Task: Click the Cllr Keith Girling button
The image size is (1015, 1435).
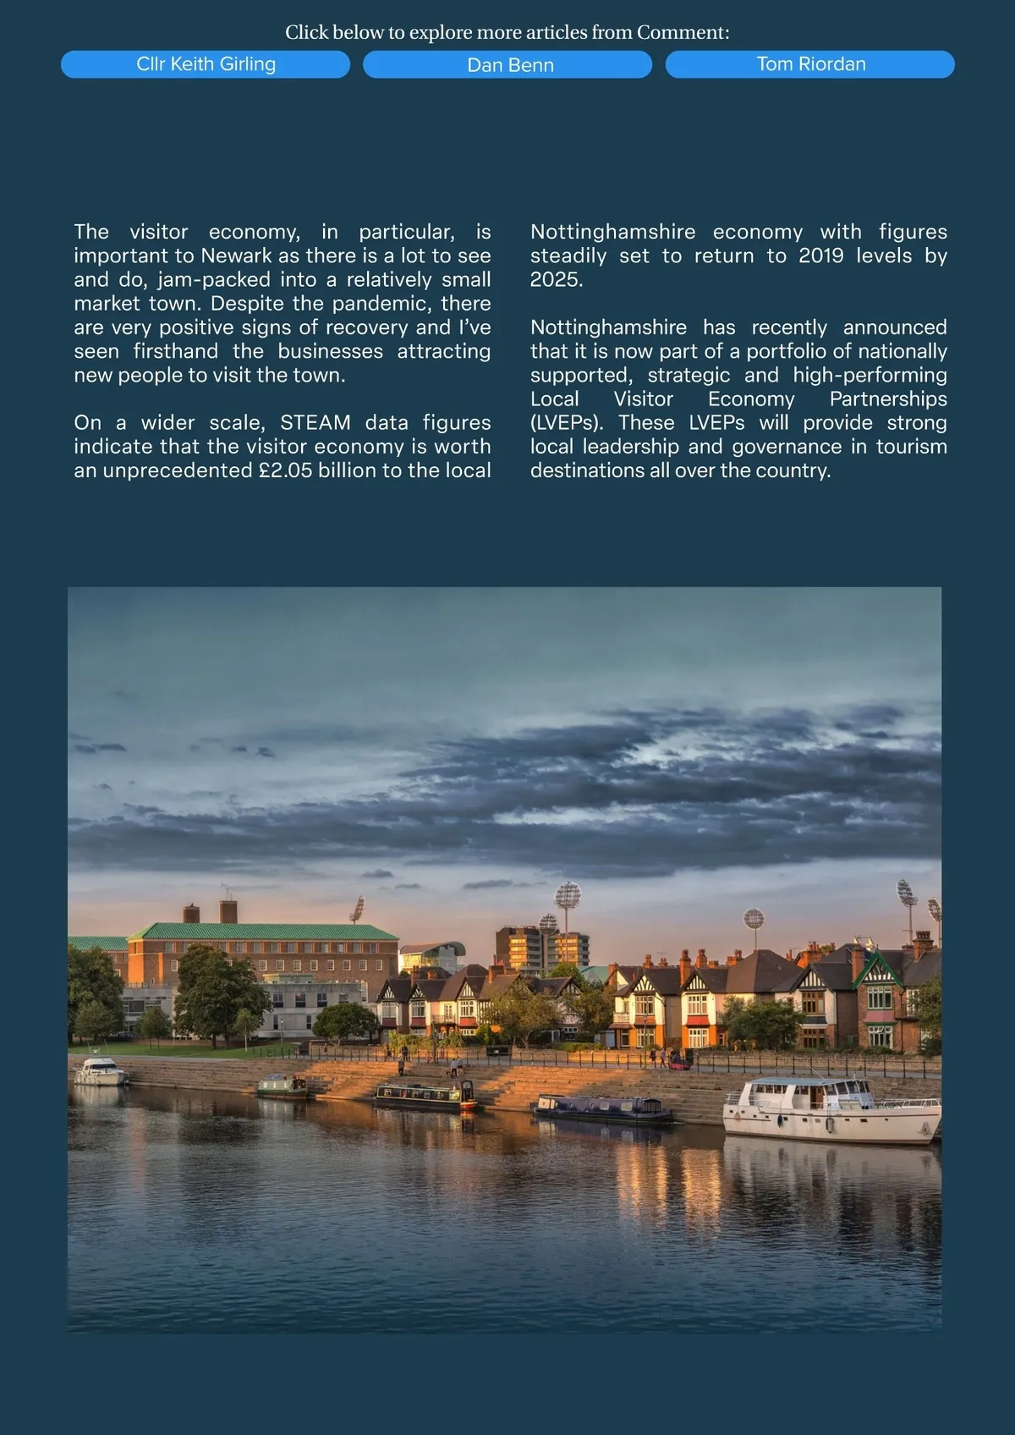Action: pos(206,64)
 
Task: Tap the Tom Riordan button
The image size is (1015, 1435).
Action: pos(810,64)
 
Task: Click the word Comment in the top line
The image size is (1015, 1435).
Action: pos(683,33)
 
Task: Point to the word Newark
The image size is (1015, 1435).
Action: pos(236,256)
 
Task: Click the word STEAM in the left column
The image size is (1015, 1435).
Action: pos(315,422)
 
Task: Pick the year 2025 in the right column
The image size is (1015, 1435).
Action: pos(556,280)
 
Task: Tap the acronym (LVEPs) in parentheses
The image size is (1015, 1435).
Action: pos(566,422)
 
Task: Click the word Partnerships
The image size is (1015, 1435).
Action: pos(888,399)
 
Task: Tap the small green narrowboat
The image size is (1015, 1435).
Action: pos(283,1086)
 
